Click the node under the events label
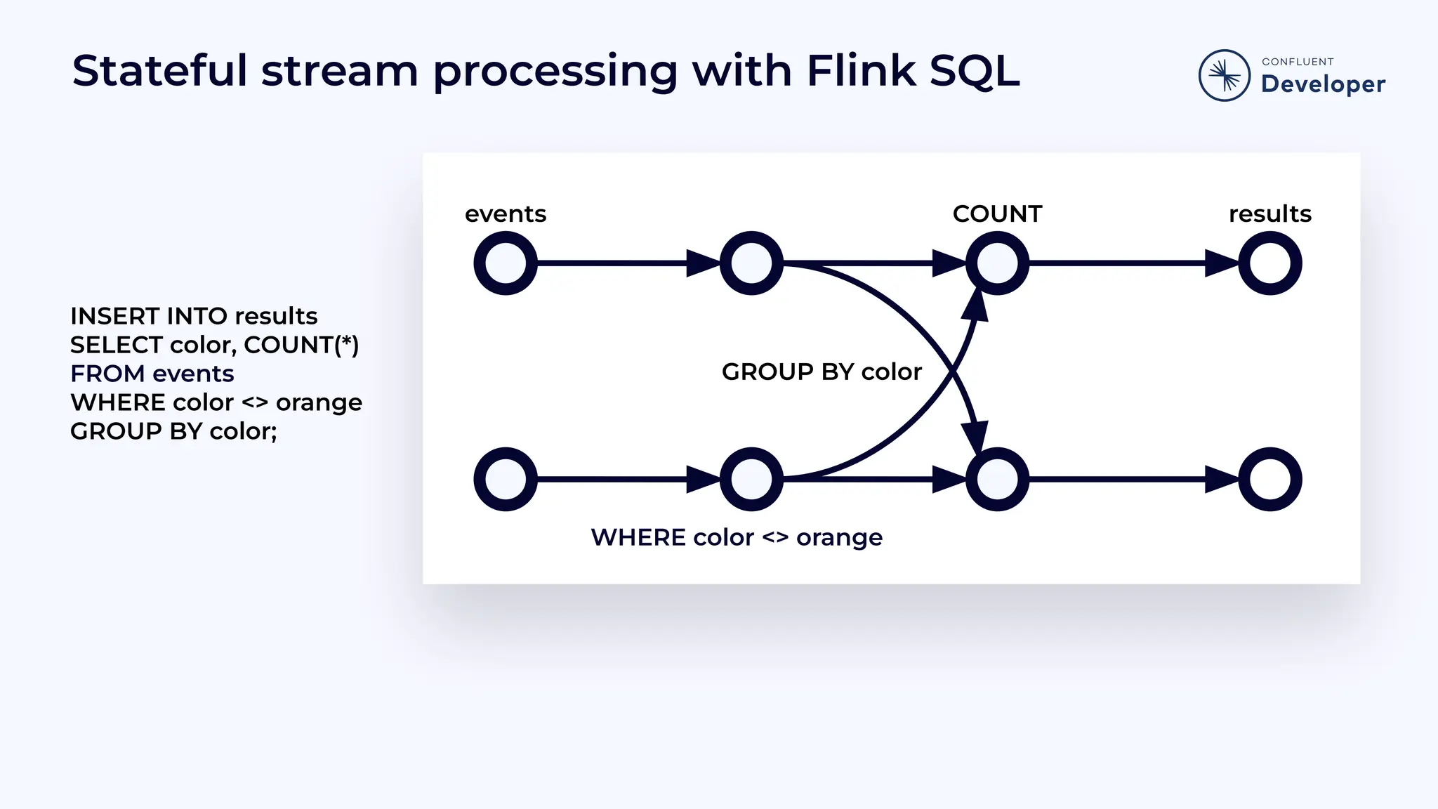[x=506, y=263]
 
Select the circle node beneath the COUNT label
[x=997, y=263]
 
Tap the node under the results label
[x=1269, y=263]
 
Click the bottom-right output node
[x=1269, y=479]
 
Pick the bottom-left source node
[x=506, y=479]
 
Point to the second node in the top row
[x=751, y=263]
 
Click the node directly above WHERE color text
[x=751, y=479]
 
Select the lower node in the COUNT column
[x=997, y=479]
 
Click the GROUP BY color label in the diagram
[x=822, y=371]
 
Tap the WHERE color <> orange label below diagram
[x=737, y=537]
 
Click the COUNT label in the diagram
[x=997, y=213]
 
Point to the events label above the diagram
[x=506, y=213]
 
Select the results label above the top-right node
[x=1269, y=213]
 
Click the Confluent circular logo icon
[x=1224, y=75]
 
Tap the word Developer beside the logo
[x=1323, y=84]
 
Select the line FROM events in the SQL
[x=152, y=374]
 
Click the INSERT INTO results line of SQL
[x=194, y=316]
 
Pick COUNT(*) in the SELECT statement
[x=301, y=345]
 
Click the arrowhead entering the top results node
[x=1222, y=263]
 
